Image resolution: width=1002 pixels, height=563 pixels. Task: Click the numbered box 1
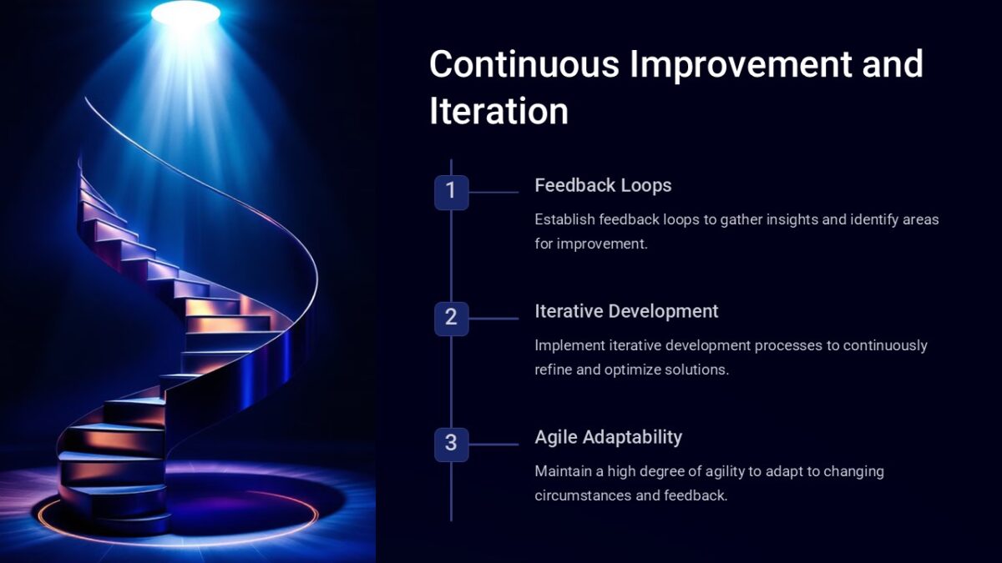[x=451, y=192]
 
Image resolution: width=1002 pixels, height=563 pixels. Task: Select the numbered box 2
[x=451, y=318]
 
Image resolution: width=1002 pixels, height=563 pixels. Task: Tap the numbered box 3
[x=451, y=444]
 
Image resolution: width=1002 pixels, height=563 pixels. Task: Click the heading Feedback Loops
[x=603, y=185]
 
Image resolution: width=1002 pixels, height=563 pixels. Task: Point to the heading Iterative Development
[x=626, y=311]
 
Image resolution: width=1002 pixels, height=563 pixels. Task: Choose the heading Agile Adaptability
[x=608, y=437]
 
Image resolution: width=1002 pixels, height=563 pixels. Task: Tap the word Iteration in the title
[x=498, y=111]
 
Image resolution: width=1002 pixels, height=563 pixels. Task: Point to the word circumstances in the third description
[x=581, y=495]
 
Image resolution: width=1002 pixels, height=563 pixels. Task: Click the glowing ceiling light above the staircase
[x=185, y=12]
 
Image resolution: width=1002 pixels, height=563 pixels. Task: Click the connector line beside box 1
[x=493, y=192]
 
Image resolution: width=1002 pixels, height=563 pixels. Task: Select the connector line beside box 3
[x=493, y=444]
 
